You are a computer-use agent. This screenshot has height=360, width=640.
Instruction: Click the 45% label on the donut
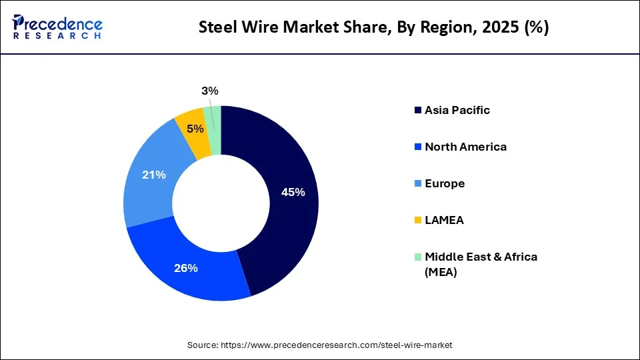(293, 192)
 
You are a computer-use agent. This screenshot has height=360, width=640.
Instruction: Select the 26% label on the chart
(186, 268)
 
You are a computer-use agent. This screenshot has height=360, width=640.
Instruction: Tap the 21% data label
(154, 175)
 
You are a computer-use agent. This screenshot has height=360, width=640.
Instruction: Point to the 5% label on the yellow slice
(195, 129)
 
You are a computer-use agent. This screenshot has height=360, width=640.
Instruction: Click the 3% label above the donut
(210, 91)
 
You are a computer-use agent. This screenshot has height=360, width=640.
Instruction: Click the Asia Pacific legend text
(457, 110)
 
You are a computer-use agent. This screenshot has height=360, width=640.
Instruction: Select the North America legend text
(465, 147)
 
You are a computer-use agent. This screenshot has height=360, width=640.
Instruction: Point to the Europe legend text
(445, 183)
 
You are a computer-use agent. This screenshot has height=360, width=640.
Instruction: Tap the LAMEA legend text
(444, 220)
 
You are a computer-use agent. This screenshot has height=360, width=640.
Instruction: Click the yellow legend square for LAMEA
(418, 220)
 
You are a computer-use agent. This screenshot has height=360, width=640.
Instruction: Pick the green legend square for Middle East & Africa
(418, 257)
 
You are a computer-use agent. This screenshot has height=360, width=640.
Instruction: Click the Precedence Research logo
(57, 27)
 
